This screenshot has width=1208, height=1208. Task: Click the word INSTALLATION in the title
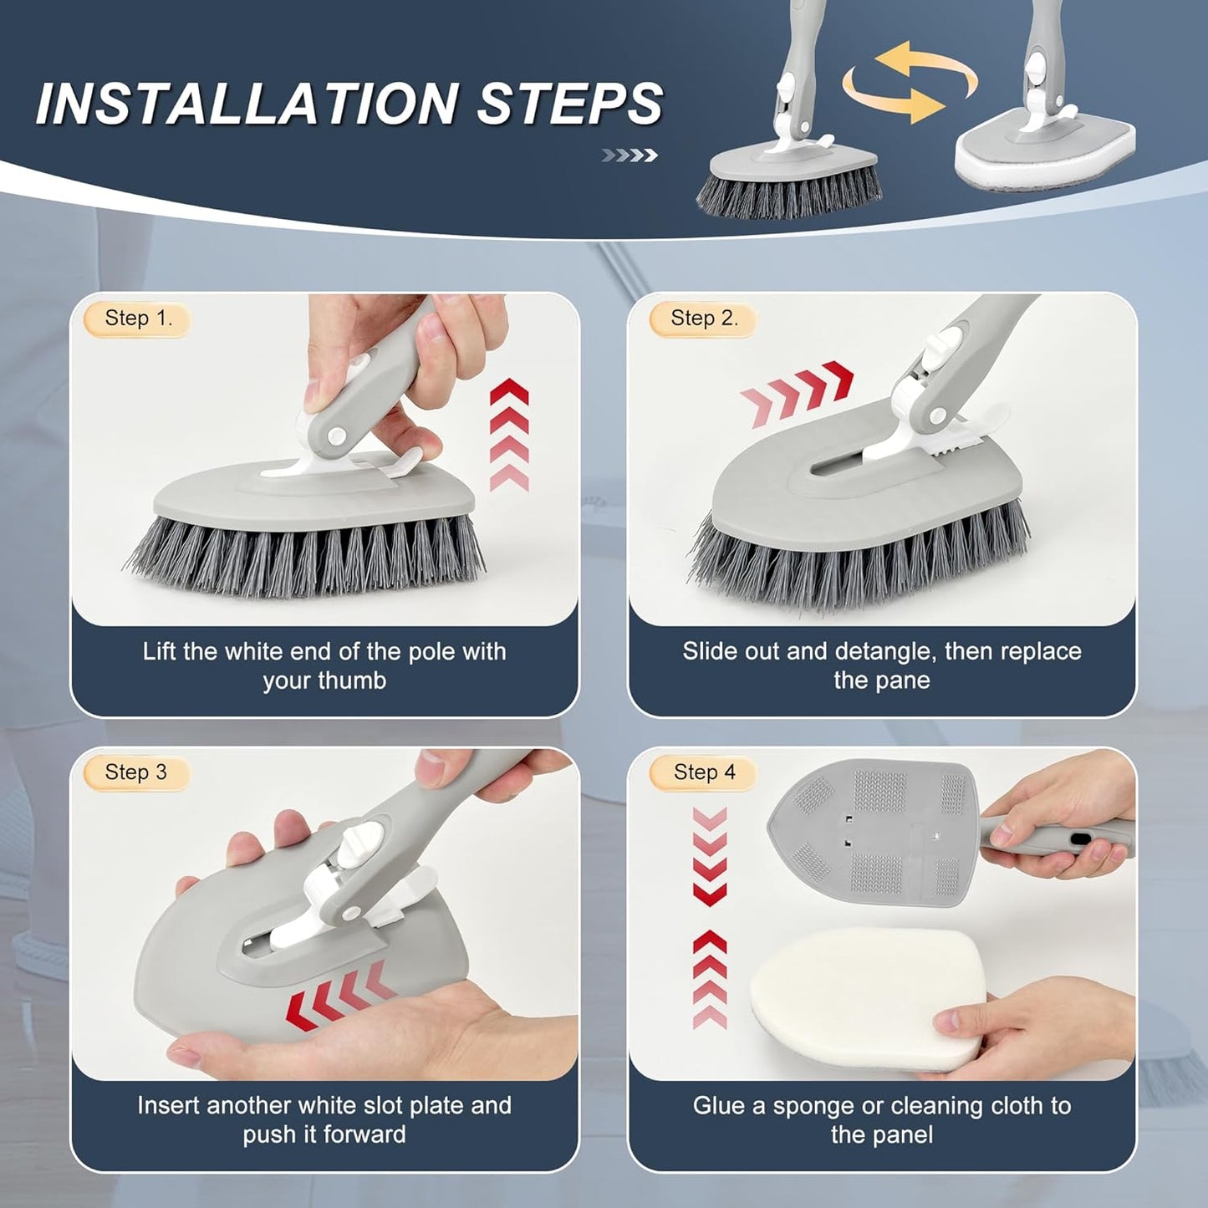[247, 104]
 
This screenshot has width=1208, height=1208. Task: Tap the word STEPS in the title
[570, 104]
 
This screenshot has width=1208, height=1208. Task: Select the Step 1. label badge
[138, 319]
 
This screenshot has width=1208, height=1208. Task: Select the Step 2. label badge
[704, 319]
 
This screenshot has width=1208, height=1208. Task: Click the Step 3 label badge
[136, 772]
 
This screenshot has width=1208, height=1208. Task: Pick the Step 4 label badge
[704, 772]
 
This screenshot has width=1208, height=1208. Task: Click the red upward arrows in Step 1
[508, 435]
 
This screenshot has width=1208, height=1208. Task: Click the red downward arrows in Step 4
[710, 857]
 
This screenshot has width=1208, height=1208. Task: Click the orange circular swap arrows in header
[910, 84]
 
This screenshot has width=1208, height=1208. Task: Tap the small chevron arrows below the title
[629, 155]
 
